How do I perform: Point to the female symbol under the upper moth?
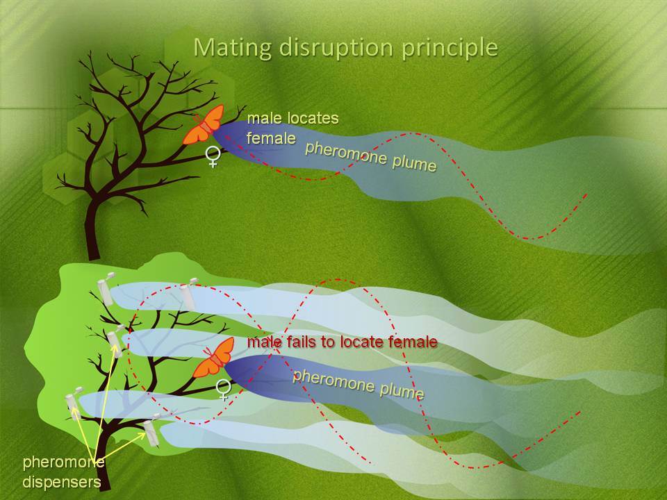(x=213, y=156)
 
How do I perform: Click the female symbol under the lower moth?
(x=224, y=390)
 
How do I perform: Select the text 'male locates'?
(x=293, y=118)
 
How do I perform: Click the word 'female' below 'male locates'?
(x=271, y=137)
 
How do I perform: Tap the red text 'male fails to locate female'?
(x=342, y=342)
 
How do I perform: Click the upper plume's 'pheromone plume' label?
(x=370, y=156)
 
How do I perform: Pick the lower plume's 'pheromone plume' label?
(x=359, y=384)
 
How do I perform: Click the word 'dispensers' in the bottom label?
(x=62, y=482)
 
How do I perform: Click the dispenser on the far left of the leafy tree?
(x=73, y=404)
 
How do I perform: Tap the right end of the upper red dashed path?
(x=587, y=194)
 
